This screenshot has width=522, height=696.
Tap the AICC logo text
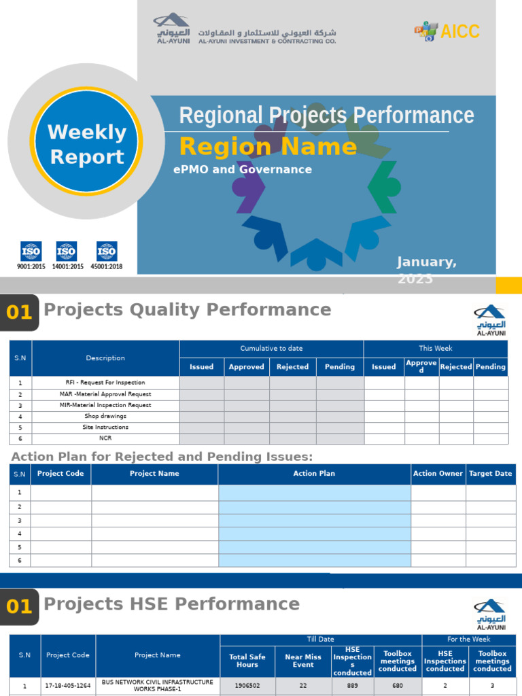click(x=460, y=31)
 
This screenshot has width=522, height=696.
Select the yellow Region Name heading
click(x=268, y=147)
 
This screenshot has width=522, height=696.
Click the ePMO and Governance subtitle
click(x=243, y=170)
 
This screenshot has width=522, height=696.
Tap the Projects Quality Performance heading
click(x=188, y=310)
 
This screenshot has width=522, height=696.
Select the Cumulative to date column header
click(x=271, y=349)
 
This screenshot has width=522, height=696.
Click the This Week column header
click(x=436, y=349)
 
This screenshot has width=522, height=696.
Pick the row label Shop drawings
click(x=105, y=416)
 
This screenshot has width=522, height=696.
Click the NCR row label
click(x=105, y=438)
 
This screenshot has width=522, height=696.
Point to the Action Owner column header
click(x=438, y=474)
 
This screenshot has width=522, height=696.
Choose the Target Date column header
click(x=490, y=474)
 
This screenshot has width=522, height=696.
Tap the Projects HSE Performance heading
click(x=171, y=604)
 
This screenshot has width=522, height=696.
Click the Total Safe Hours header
click(x=247, y=661)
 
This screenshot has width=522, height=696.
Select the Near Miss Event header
click(x=303, y=661)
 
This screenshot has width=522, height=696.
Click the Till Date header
click(x=321, y=640)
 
